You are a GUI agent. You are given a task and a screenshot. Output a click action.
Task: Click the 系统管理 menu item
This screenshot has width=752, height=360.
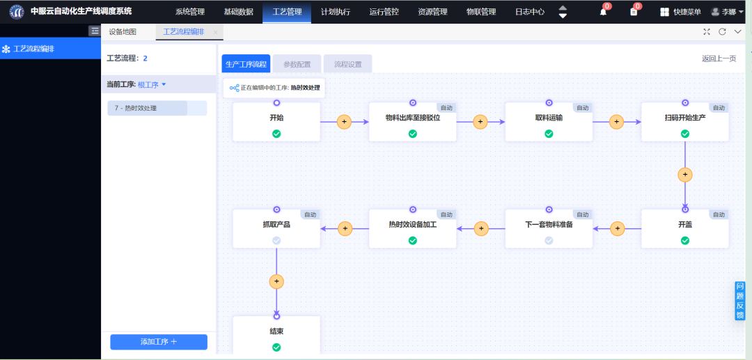pyautogui.click(x=189, y=12)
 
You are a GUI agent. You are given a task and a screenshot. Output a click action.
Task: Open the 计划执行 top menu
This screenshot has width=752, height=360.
pyautogui.click(x=336, y=12)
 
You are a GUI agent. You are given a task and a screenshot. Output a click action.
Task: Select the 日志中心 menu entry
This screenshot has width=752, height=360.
pyautogui.click(x=530, y=12)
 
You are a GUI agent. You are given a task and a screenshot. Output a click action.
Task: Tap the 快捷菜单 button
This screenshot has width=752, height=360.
pyautogui.click(x=681, y=12)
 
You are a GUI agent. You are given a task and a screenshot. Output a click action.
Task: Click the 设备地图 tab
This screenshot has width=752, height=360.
pyautogui.click(x=123, y=32)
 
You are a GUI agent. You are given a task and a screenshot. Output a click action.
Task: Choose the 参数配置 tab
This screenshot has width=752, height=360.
pyautogui.click(x=297, y=64)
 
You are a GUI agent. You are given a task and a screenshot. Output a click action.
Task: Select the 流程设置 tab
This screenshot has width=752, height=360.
pyautogui.click(x=347, y=64)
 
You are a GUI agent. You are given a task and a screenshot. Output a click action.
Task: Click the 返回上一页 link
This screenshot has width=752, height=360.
pyautogui.click(x=719, y=58)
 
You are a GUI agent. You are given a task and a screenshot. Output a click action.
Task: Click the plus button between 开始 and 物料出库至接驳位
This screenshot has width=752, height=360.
pyautogui.click(x=343, y=122)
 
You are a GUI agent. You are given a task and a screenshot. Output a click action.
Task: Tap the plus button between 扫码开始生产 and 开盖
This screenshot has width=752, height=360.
pyautogui.click(x=685, y=174)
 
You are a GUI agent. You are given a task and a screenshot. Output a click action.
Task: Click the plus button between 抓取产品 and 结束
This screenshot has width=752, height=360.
pyautogui.click(x=276, y=281)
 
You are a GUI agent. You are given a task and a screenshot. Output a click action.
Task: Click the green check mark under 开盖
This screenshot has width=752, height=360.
pyautogui.click(x=685, y=240)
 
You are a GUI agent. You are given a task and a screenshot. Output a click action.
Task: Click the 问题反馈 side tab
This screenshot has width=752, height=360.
pyautogui.click(x=740, y=301)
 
